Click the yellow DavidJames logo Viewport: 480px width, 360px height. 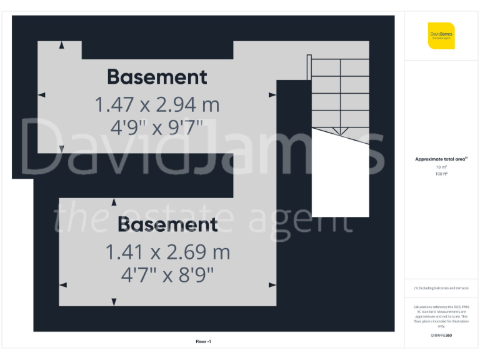click(x=441, y=36)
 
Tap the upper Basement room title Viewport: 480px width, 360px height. click(x=157, y=77)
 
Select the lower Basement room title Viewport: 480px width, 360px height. click(x=167, y=224)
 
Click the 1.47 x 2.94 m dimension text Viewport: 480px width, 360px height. click(x=157, y=104)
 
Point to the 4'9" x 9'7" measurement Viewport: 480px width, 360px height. click(x=157, y=127)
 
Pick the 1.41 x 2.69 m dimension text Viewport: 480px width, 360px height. click(x=167, y=252)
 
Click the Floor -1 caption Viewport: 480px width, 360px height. click(x=204, y=342)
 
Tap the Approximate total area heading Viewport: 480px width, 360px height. click(x=441, y=159)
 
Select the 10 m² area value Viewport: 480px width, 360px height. click(x=441, y=167)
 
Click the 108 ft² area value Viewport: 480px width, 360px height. click(x=441, y=174)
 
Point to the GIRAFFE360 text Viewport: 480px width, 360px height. click(x=441, y=336)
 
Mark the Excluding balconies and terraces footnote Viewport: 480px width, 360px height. click(x=441, y=288)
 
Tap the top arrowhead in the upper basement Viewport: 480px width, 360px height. click(x=61, y=45)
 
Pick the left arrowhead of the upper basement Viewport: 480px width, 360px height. click(x=41, y=95)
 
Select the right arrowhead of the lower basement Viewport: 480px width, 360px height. click(x=272, y=285)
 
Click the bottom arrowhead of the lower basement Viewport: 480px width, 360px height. click(x=114, y=302)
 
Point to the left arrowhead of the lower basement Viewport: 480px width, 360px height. click(x=62, y=285)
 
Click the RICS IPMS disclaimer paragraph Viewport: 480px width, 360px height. click(x=441, y=316)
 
